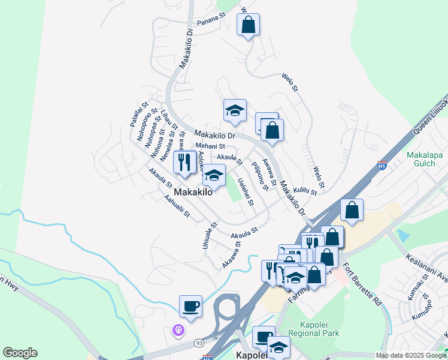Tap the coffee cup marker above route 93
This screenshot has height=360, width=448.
coord(190,307)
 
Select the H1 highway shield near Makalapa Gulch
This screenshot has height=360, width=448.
coord(382,164)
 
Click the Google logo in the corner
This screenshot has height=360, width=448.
coord(20,353)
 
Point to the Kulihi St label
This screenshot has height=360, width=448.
coord(305,190)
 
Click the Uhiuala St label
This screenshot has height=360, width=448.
coord(207,237)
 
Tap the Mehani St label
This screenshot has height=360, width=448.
coord(210,146)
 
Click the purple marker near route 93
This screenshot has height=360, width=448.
coord(177,329)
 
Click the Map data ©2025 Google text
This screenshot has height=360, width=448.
coord(411,355)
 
